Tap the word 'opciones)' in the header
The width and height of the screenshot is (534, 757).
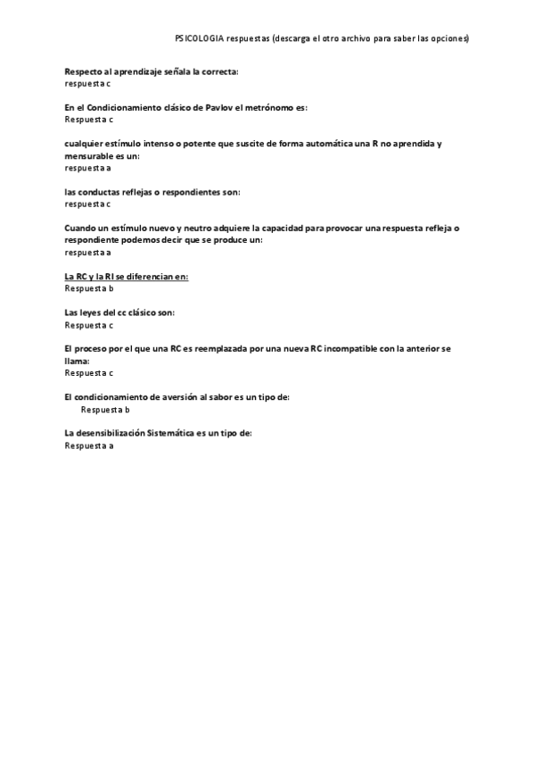450,39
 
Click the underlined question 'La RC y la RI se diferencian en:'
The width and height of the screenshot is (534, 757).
127,277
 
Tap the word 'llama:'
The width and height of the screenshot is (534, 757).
77,361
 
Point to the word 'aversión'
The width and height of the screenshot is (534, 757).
201,397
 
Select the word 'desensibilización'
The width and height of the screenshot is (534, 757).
111,433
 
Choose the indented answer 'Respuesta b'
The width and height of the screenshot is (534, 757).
105,410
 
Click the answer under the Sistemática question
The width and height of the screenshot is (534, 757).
89,445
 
